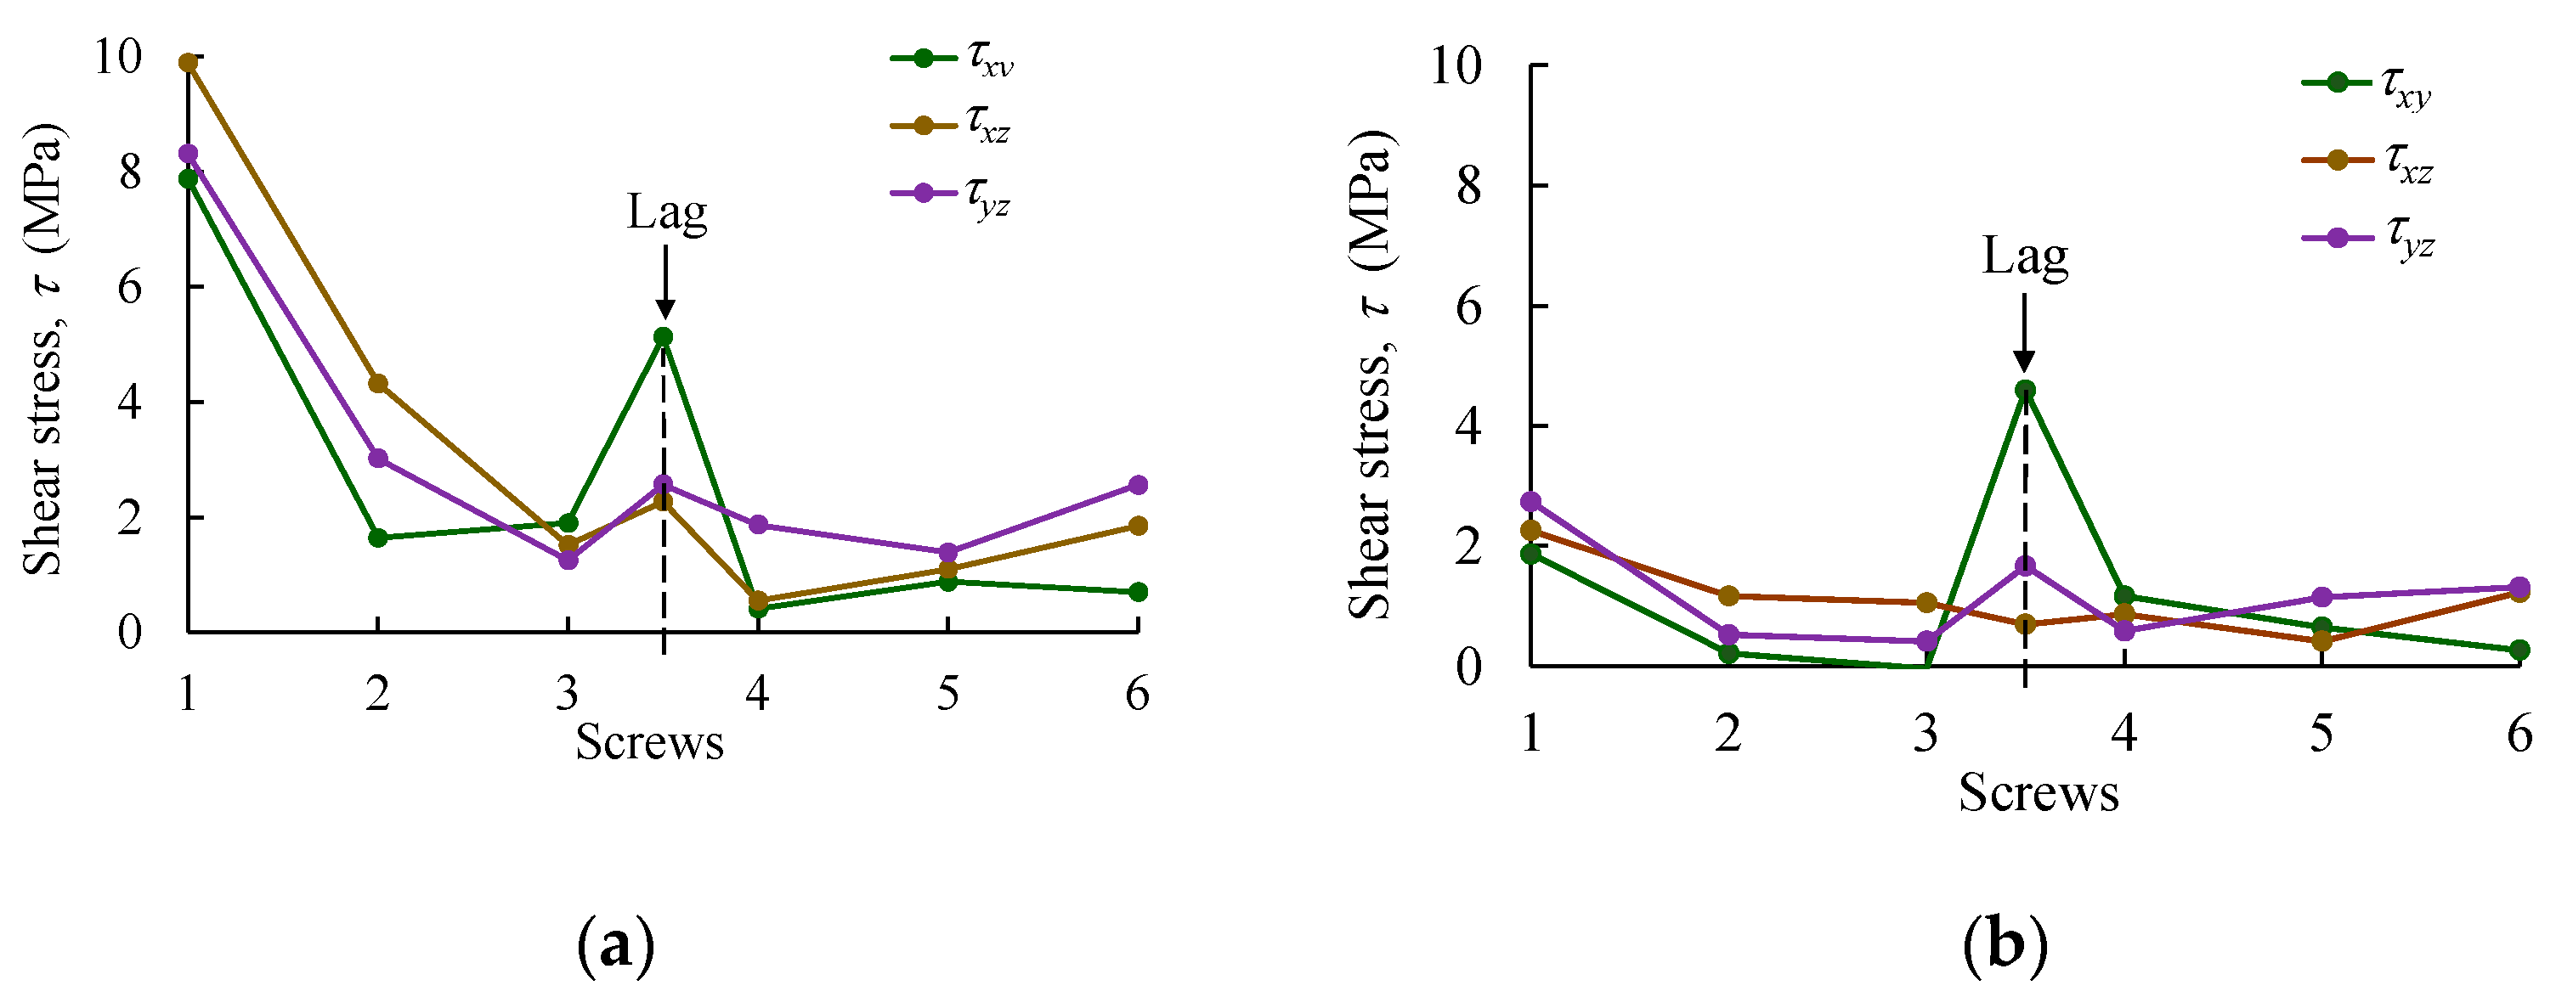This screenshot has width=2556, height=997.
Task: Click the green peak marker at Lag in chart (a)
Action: point(663,336)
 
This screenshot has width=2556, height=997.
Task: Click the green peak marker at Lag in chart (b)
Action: point(2025,390)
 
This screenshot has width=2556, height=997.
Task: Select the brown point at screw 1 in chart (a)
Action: point(188,63)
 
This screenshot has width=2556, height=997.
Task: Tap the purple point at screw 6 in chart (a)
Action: point(1138,485)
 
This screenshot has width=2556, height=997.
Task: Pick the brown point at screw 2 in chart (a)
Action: point(378,383)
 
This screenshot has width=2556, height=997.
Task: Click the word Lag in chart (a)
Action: point(667,211)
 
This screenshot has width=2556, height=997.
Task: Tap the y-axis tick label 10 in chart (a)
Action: point(117,58)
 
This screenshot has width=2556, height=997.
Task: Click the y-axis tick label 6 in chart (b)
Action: point(1468,307)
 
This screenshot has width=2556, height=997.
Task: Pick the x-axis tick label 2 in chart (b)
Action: point(1728,733)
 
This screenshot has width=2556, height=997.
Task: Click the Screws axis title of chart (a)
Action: point(650,742)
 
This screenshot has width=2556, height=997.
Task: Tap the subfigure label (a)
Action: point(615,945)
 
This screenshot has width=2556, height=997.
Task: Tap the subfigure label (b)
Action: point(2005,945)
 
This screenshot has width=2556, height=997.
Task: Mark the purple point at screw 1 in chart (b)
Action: point(1531,502)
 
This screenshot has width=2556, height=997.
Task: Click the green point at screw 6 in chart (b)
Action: point(2519,651)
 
